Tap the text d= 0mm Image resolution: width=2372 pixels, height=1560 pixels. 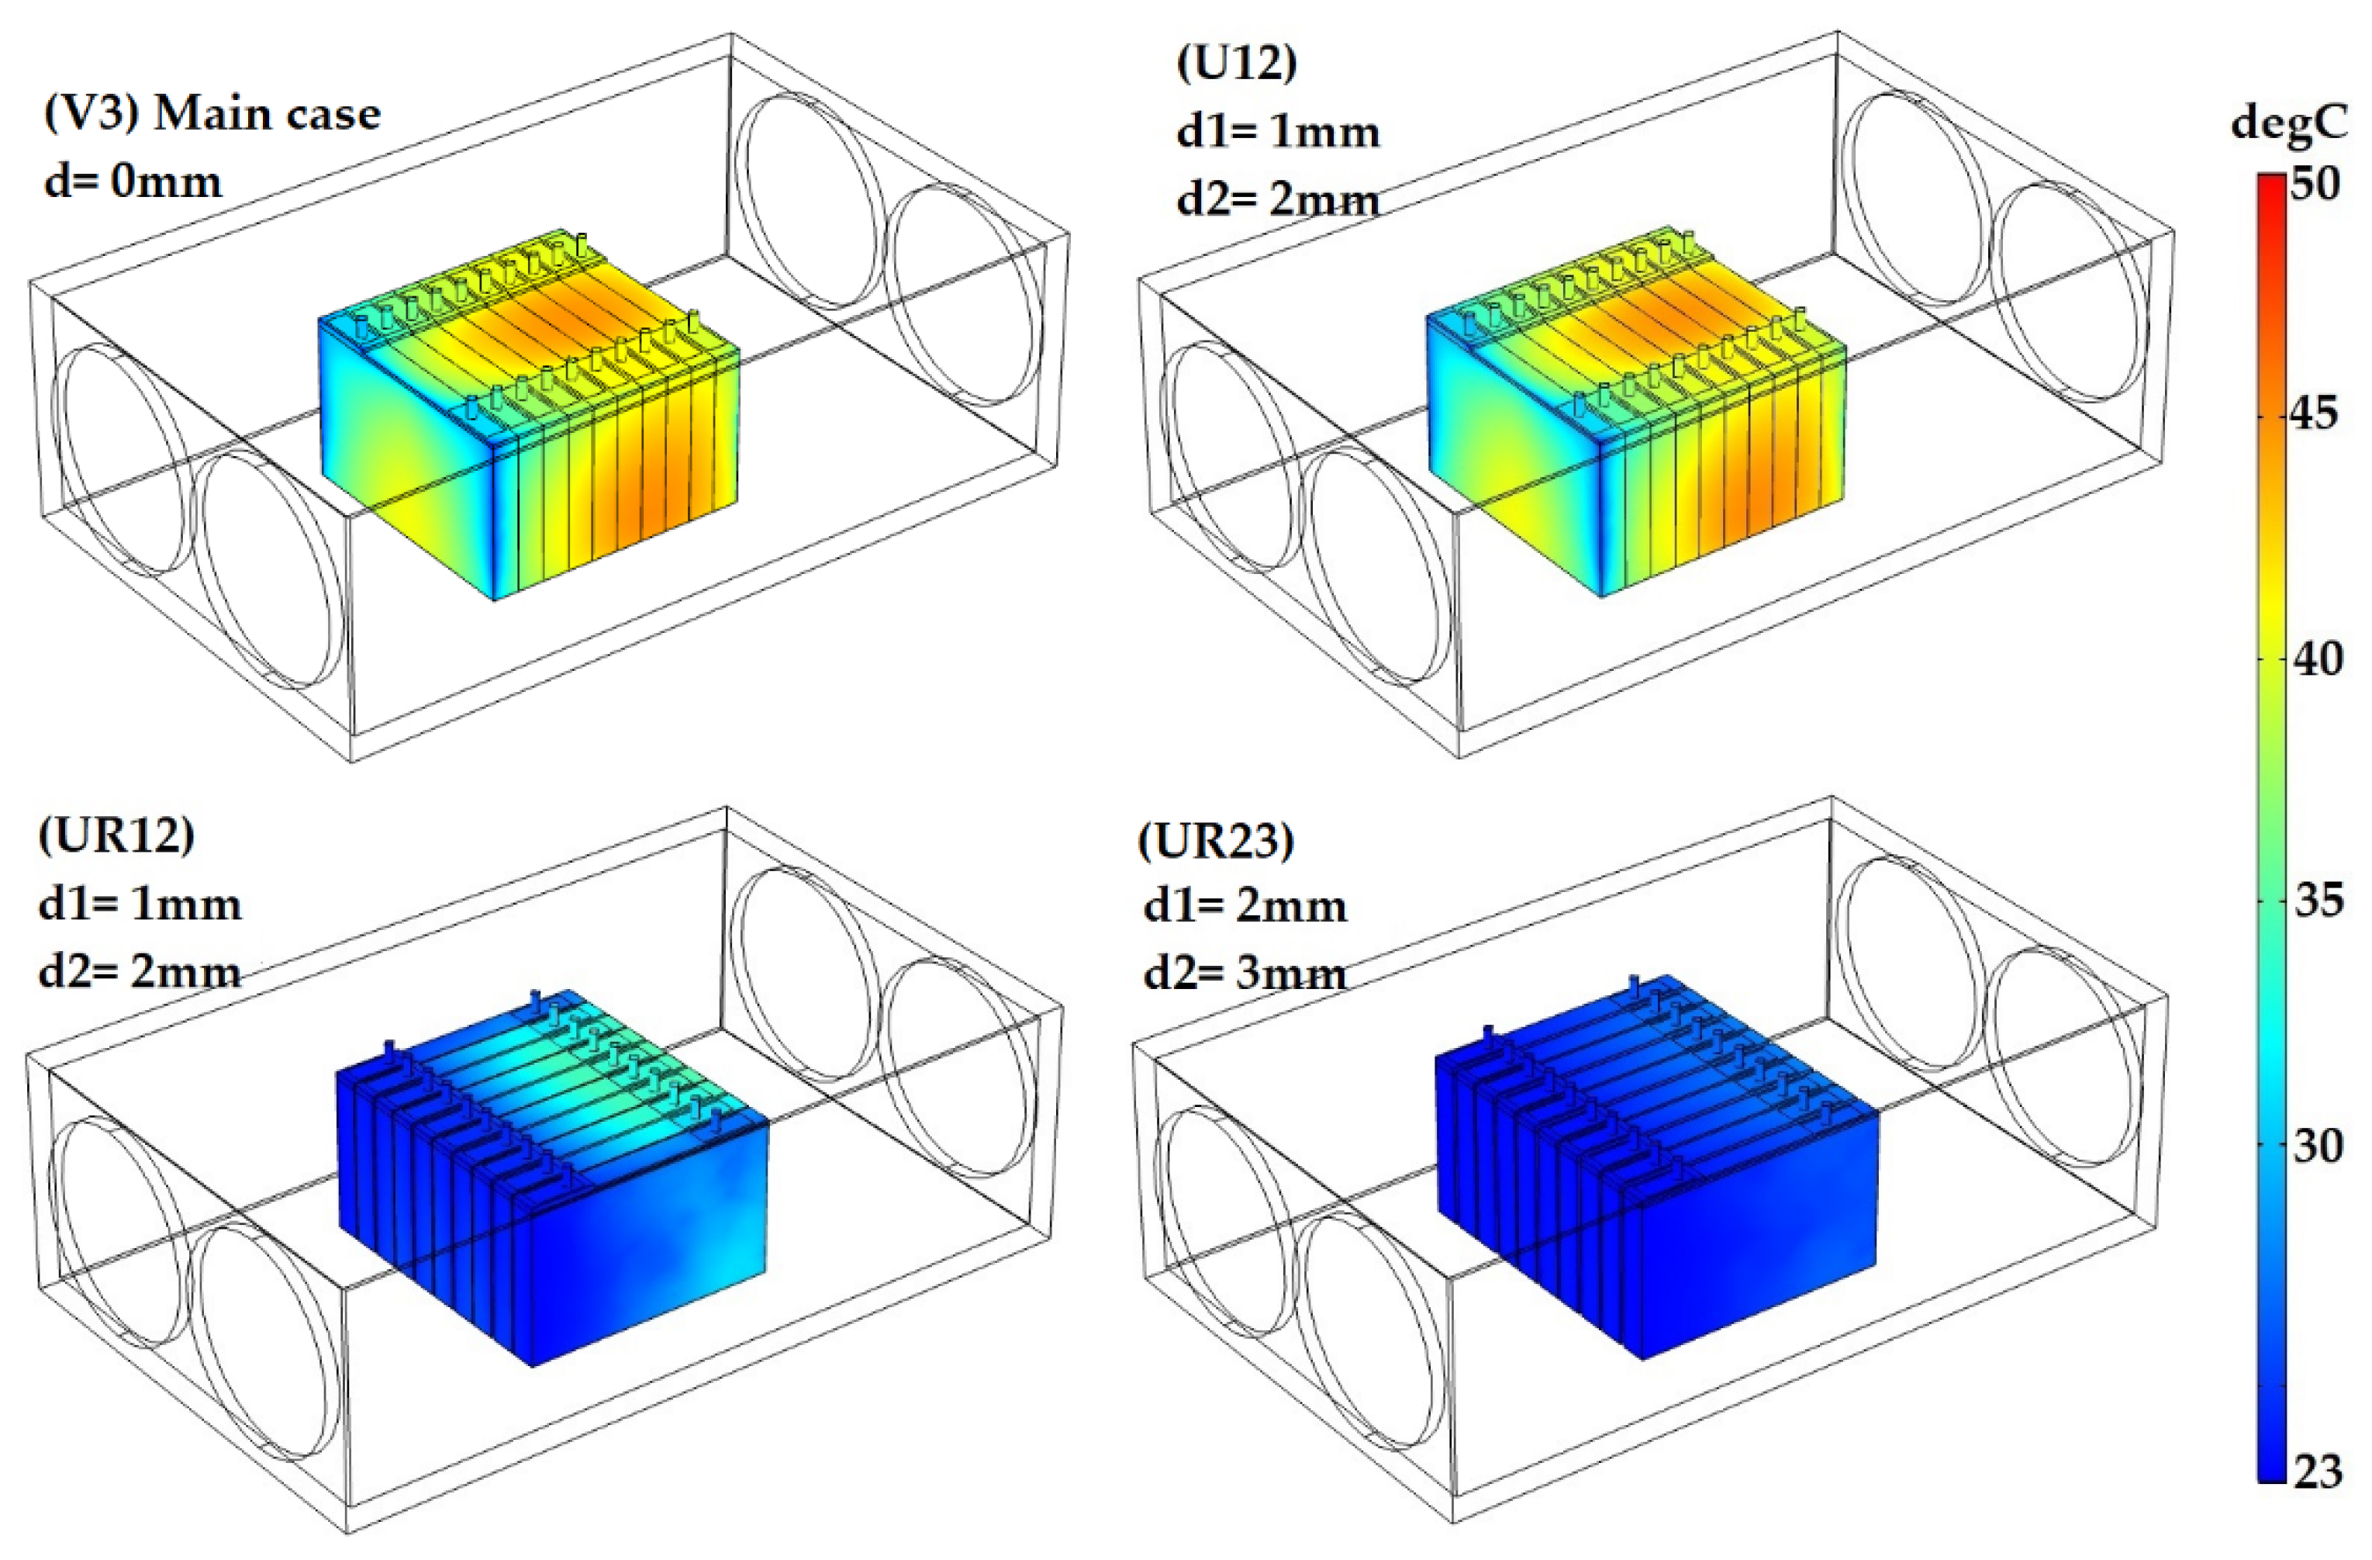tap(133, 182)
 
